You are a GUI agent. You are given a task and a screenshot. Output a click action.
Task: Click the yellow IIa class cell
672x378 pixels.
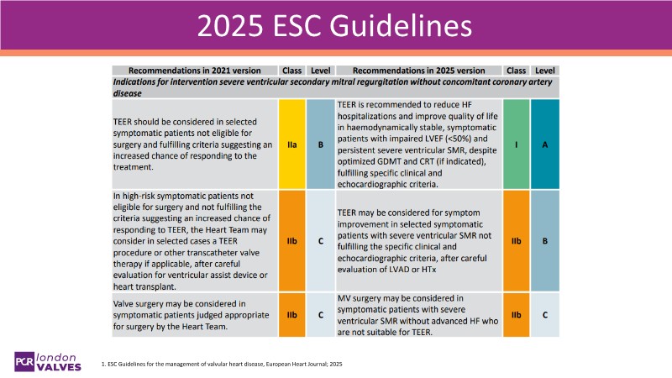click(x=292, y=144)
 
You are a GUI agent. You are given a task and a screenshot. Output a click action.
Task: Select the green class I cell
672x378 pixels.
click(x=517, y=144)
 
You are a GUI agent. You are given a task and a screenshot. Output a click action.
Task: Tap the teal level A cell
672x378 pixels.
click(x=544, y=144)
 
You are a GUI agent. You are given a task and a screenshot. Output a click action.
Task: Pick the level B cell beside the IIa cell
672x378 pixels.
click(x=320, y=144)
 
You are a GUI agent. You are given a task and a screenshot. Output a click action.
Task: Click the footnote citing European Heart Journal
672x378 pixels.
click(x=222, y=365)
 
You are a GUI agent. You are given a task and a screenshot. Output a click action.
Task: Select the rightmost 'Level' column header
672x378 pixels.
click(x=544, y=70)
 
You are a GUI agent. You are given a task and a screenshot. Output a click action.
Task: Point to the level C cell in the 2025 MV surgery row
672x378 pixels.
click(x=544, y=315)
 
